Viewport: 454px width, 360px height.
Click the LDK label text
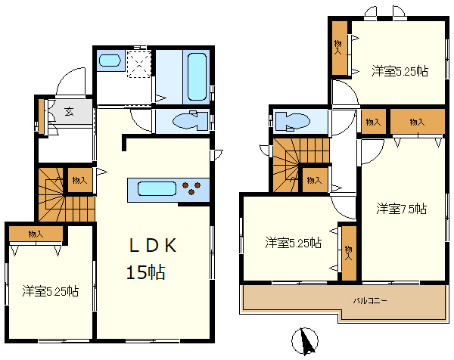[153, 246]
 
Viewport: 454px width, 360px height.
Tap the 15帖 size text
[145, 272]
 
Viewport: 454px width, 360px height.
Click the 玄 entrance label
[69, 111]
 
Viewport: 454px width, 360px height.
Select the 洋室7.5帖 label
[401, 209]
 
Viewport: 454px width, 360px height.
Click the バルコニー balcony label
[370, 301]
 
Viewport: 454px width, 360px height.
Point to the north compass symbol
[305, 341]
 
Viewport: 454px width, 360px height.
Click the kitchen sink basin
[157, 189]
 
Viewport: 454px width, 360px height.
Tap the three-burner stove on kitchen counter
[191, 188]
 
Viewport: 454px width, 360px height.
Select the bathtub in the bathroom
[197, 76]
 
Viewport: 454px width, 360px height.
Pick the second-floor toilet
[292, 121]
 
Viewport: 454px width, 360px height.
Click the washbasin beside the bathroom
[110, 61]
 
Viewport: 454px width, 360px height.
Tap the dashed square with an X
[139, 64]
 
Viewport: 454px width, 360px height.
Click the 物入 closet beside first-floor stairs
[79, 181]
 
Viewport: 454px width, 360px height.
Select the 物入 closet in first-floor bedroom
[36, 234]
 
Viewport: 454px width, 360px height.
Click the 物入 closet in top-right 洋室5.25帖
[339, 48]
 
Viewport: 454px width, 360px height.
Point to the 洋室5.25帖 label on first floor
[51, 291]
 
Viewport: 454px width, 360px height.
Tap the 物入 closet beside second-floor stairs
[315, 180]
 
